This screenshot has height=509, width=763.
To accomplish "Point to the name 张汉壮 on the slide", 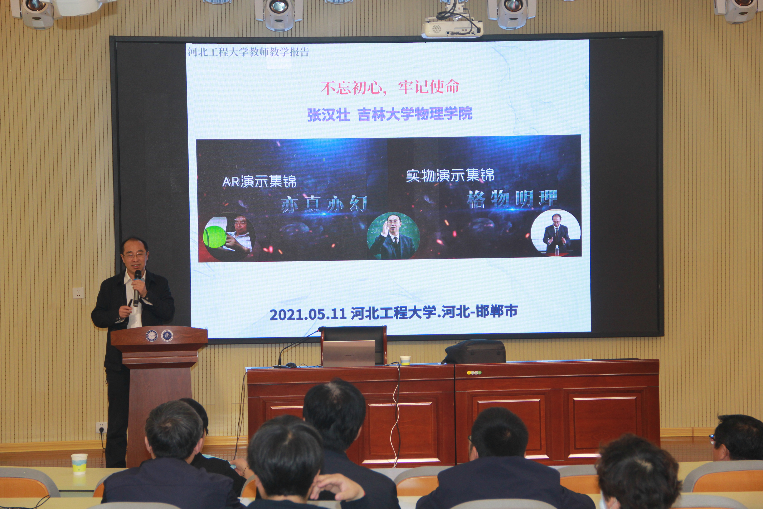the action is [328, 115].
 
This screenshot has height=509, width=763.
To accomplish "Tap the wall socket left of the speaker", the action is [78, 293].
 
